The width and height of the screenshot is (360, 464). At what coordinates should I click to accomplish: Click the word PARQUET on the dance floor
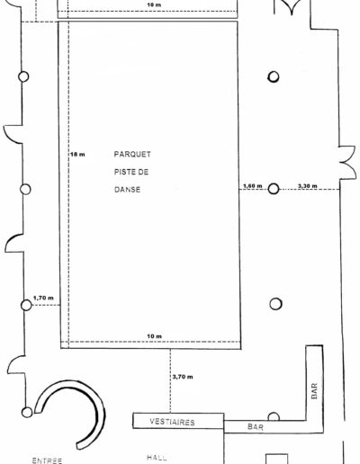132,154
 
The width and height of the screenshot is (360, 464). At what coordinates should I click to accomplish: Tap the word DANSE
127,190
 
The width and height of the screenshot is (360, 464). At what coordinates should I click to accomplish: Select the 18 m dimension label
77,155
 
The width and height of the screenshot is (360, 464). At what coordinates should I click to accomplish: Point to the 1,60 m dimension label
252,186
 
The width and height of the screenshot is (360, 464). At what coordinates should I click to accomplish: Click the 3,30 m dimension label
307,186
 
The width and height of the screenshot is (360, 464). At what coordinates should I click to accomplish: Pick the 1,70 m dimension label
43,298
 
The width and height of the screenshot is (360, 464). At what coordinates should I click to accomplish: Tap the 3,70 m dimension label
183,377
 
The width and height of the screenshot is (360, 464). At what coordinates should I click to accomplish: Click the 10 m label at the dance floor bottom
154,336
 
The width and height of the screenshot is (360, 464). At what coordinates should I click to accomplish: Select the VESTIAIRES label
172,422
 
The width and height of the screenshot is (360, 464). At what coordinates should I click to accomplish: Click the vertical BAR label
314,391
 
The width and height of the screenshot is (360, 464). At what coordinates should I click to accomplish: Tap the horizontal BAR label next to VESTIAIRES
256,427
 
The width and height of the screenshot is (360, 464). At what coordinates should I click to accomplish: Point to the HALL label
157,458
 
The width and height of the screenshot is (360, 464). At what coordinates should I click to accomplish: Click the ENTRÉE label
47,460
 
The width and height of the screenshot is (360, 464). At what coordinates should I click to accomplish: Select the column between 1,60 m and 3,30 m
274,189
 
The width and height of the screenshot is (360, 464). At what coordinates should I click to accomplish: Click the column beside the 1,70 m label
26,305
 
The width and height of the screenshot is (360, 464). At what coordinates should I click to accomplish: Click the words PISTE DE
131,172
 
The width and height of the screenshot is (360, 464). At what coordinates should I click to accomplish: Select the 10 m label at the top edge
154,4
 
